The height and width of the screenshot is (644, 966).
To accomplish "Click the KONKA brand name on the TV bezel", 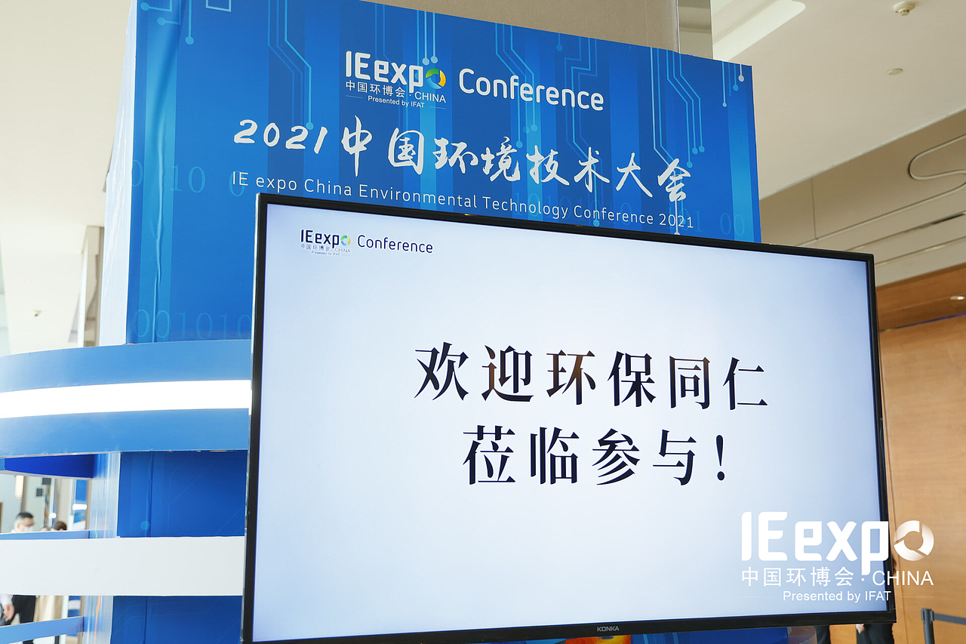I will (x=608, y=628).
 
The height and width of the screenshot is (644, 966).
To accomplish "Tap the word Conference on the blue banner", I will (x=531, y=89).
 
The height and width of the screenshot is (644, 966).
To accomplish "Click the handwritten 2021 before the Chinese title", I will (x=281, y=134).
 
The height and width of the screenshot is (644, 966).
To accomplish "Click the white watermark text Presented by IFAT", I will (x=837, y=596).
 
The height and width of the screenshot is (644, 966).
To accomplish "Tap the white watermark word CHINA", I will (x=903, y=578).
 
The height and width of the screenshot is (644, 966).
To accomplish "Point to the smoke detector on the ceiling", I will (x=903, y=8).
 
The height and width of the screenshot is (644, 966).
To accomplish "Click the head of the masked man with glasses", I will (x=24, y=521).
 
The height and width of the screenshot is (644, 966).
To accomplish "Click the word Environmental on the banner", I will (x=418, y=195).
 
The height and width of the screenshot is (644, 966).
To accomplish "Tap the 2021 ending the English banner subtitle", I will (x=675, y=221).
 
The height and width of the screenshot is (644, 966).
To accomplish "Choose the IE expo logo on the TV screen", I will (x=325, y=242).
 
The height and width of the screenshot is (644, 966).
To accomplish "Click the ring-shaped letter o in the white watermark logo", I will (x=914, y=540).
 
